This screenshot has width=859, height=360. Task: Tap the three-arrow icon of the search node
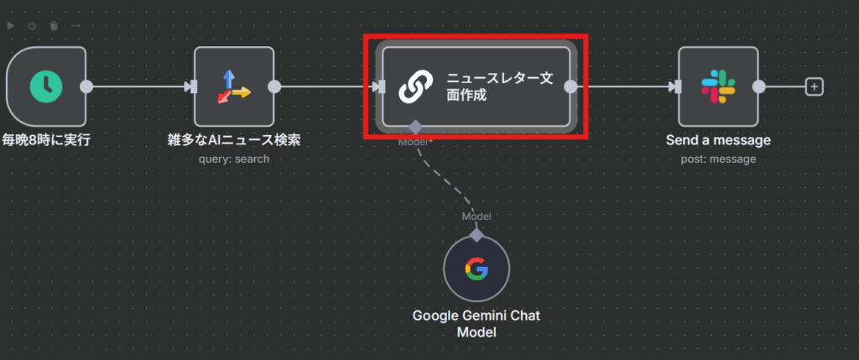(x=234, y=86)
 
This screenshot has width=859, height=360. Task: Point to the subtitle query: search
(x=234, y=159)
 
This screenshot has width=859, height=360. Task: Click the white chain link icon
(x=414, y=86)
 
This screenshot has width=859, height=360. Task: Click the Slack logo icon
(x=717, y=86)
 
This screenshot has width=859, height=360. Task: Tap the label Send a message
(x=717, y=140)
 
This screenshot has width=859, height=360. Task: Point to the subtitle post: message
(x=717, y=159)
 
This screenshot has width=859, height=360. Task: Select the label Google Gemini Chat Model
(x=476, y=324)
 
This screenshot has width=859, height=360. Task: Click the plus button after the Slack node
(x=813, y=86)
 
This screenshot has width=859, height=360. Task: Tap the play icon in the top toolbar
(x=11, y=26)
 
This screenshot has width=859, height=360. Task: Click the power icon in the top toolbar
(x=32, y=26)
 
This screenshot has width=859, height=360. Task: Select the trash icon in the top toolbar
(x=54, y=26)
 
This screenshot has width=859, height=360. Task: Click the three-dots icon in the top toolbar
(x=75, y=26)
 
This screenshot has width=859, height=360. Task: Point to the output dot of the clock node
(x=86, y=86)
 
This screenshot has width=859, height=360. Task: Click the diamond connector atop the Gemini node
(x=476, y=235)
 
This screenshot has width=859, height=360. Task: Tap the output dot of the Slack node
(x=759, y=86)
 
